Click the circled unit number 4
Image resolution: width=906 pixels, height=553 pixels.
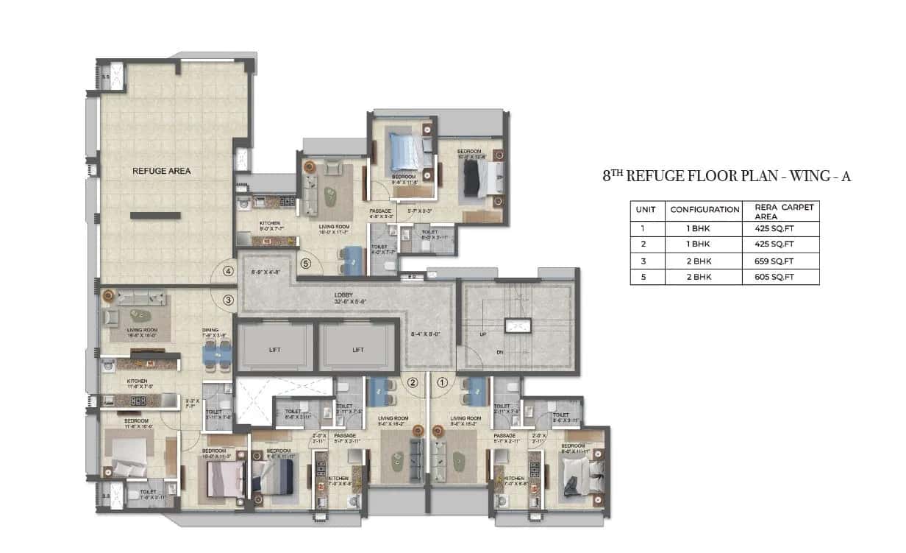tap(229, 271)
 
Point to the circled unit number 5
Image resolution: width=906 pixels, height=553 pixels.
tap(306, 262)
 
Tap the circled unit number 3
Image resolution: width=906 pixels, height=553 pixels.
tap(229, 300)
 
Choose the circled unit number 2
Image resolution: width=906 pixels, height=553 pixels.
tap(413, 382)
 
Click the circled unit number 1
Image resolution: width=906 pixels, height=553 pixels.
tap(442, 382)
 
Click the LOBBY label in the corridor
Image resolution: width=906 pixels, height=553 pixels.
tap(344, 295)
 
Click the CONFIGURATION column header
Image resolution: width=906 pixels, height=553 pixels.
tap(705, 210)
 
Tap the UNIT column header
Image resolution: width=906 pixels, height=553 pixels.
tap(647, 210)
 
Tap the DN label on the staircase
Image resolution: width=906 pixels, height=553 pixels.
tap(499, 353)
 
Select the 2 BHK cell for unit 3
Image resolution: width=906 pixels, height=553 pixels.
tap(705, 261)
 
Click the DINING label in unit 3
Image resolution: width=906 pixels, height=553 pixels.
tap(210, 331)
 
